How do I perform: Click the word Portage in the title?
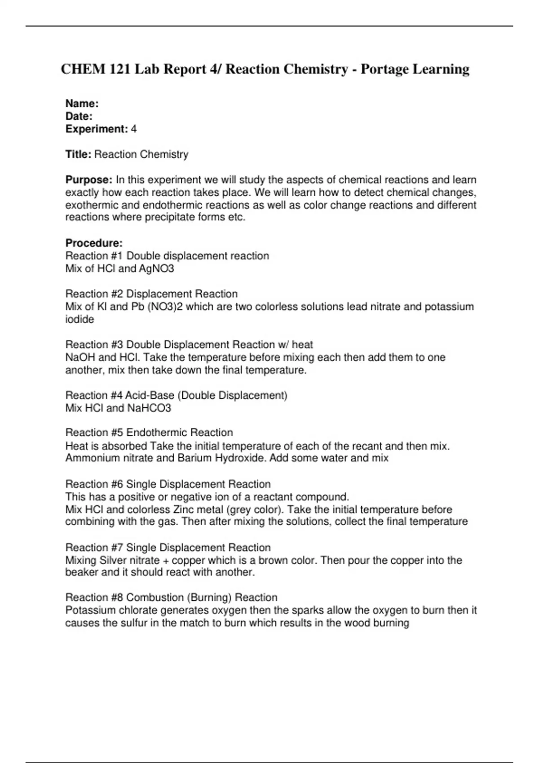[385, 69]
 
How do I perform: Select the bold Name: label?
[82, 104]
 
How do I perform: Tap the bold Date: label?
[79, 116]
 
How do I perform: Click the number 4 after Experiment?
[133, 129]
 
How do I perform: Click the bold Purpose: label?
[89, 180]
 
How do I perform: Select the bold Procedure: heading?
[94, 243]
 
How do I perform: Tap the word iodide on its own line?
[80, 320]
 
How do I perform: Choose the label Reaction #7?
[94, 548]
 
